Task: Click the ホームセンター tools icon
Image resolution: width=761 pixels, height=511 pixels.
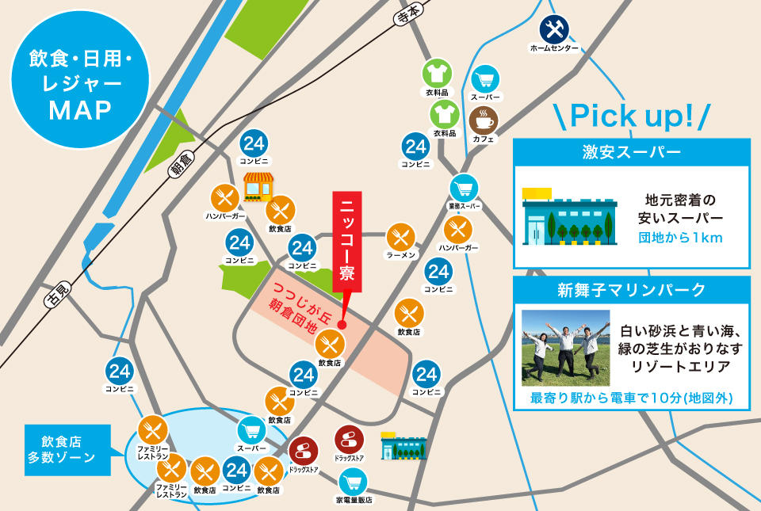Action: (x=554, y=30)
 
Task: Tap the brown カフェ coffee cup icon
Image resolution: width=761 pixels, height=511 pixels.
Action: (x=484, y=120)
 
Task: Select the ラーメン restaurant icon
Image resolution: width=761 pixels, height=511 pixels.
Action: (x=401, y=236)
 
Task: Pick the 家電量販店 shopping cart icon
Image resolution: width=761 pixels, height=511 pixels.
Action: (x=354, y=482)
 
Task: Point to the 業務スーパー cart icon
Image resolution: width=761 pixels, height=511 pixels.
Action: (x=465, y=189)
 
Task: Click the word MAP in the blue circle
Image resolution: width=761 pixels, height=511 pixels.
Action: (x=79, y=110)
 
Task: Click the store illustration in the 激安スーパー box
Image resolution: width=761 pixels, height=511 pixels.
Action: (x=568, y=219)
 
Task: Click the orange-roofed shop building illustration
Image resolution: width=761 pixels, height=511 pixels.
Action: (x=258, y=187)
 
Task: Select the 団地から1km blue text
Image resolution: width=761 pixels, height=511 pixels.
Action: (x=680, y=238)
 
